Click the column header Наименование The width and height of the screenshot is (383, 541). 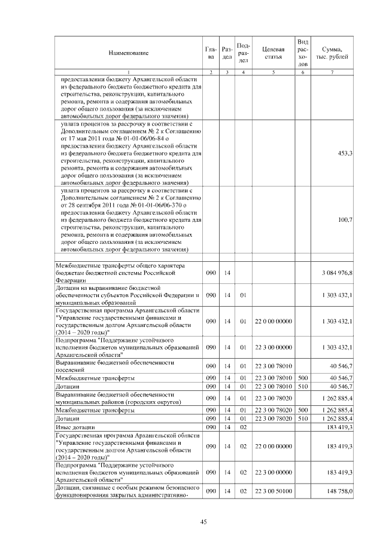point(128,53)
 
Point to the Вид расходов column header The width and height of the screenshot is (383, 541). point(303,53)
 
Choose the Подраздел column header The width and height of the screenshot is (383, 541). point(244,53)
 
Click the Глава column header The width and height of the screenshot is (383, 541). point(211,53)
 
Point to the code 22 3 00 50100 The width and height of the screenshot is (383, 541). point(273,491)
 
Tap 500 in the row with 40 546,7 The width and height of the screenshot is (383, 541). point(303,378)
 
